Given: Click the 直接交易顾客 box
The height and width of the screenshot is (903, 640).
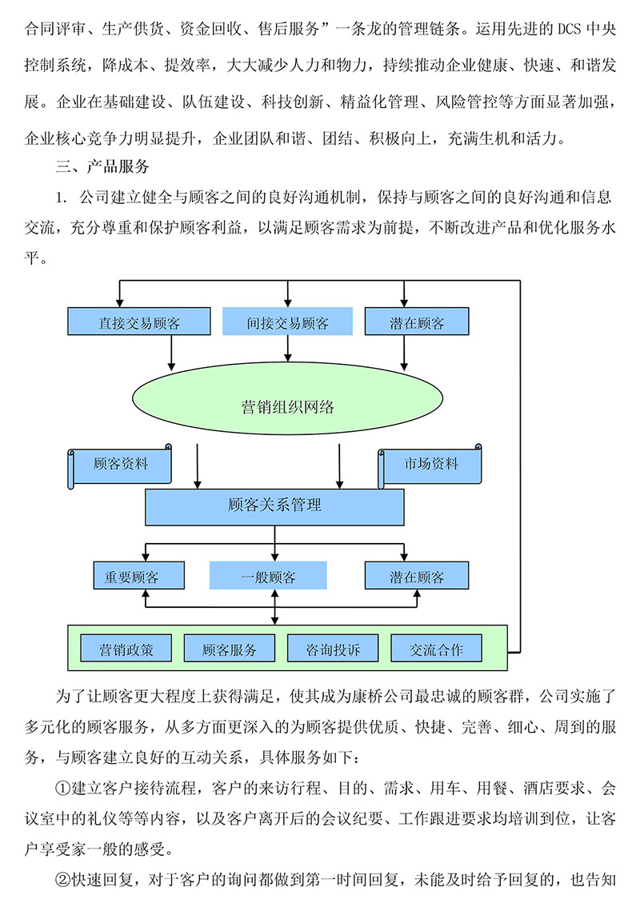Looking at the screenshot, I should tap(139, 322).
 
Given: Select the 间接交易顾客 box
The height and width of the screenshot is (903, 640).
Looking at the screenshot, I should tap(286, 322).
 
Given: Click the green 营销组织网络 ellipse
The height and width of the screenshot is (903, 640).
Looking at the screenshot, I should tap(287, 406).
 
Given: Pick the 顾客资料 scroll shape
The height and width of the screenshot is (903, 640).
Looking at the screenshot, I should tap(121, 465).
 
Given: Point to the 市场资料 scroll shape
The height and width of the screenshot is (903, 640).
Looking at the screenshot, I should tap(431, 465).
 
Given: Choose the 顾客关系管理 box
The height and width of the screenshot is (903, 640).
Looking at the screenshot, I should tap(274, 505).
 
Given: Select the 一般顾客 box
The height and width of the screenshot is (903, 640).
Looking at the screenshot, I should tap(268, 577).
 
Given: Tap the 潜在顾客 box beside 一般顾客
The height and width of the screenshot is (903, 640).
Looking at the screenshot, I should tap(417, 577).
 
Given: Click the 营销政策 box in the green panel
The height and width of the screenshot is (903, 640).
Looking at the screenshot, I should tap(126, 649).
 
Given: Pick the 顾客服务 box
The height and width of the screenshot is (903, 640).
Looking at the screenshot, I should tap(230, 649).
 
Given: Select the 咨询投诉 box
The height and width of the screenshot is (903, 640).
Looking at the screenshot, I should tap(333, 649).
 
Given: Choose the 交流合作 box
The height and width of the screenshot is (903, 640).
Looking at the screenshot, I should tap(437, 649).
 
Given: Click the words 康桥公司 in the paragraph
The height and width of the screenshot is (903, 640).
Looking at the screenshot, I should tap(378, 693).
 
